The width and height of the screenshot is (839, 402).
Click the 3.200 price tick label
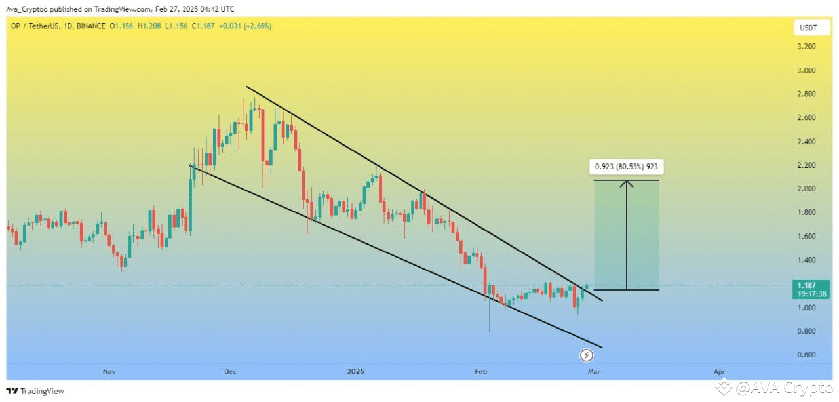(806, 47)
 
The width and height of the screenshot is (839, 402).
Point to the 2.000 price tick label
(806, 189)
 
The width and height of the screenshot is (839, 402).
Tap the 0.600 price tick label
(806, 355)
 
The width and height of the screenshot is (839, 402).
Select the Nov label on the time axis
(109, 372)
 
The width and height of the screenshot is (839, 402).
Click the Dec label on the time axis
(230, 372)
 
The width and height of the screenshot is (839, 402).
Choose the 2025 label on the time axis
(355, 372)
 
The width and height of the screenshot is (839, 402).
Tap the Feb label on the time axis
(480, 372)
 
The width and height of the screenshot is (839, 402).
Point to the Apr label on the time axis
(719, 372)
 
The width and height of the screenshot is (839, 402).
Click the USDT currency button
(811, 28)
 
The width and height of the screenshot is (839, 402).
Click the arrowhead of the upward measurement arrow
(627, 183)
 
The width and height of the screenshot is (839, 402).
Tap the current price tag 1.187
(811, 290)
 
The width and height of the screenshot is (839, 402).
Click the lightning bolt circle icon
(586, 355)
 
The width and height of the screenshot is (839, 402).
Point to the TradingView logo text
(42, 391)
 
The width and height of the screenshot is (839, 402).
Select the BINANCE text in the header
(90, 26)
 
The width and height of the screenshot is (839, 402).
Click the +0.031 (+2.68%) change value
(245, 26)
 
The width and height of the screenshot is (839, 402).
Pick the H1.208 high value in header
(149, 26)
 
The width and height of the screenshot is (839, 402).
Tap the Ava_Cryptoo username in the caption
(27, 9)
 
